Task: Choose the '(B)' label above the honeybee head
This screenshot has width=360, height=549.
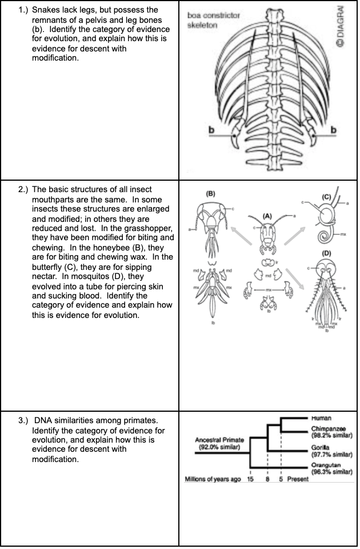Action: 210,194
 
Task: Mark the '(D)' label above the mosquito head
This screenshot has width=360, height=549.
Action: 326,253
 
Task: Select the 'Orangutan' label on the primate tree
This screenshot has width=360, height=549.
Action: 328,466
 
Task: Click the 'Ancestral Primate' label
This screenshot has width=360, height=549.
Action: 219,440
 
